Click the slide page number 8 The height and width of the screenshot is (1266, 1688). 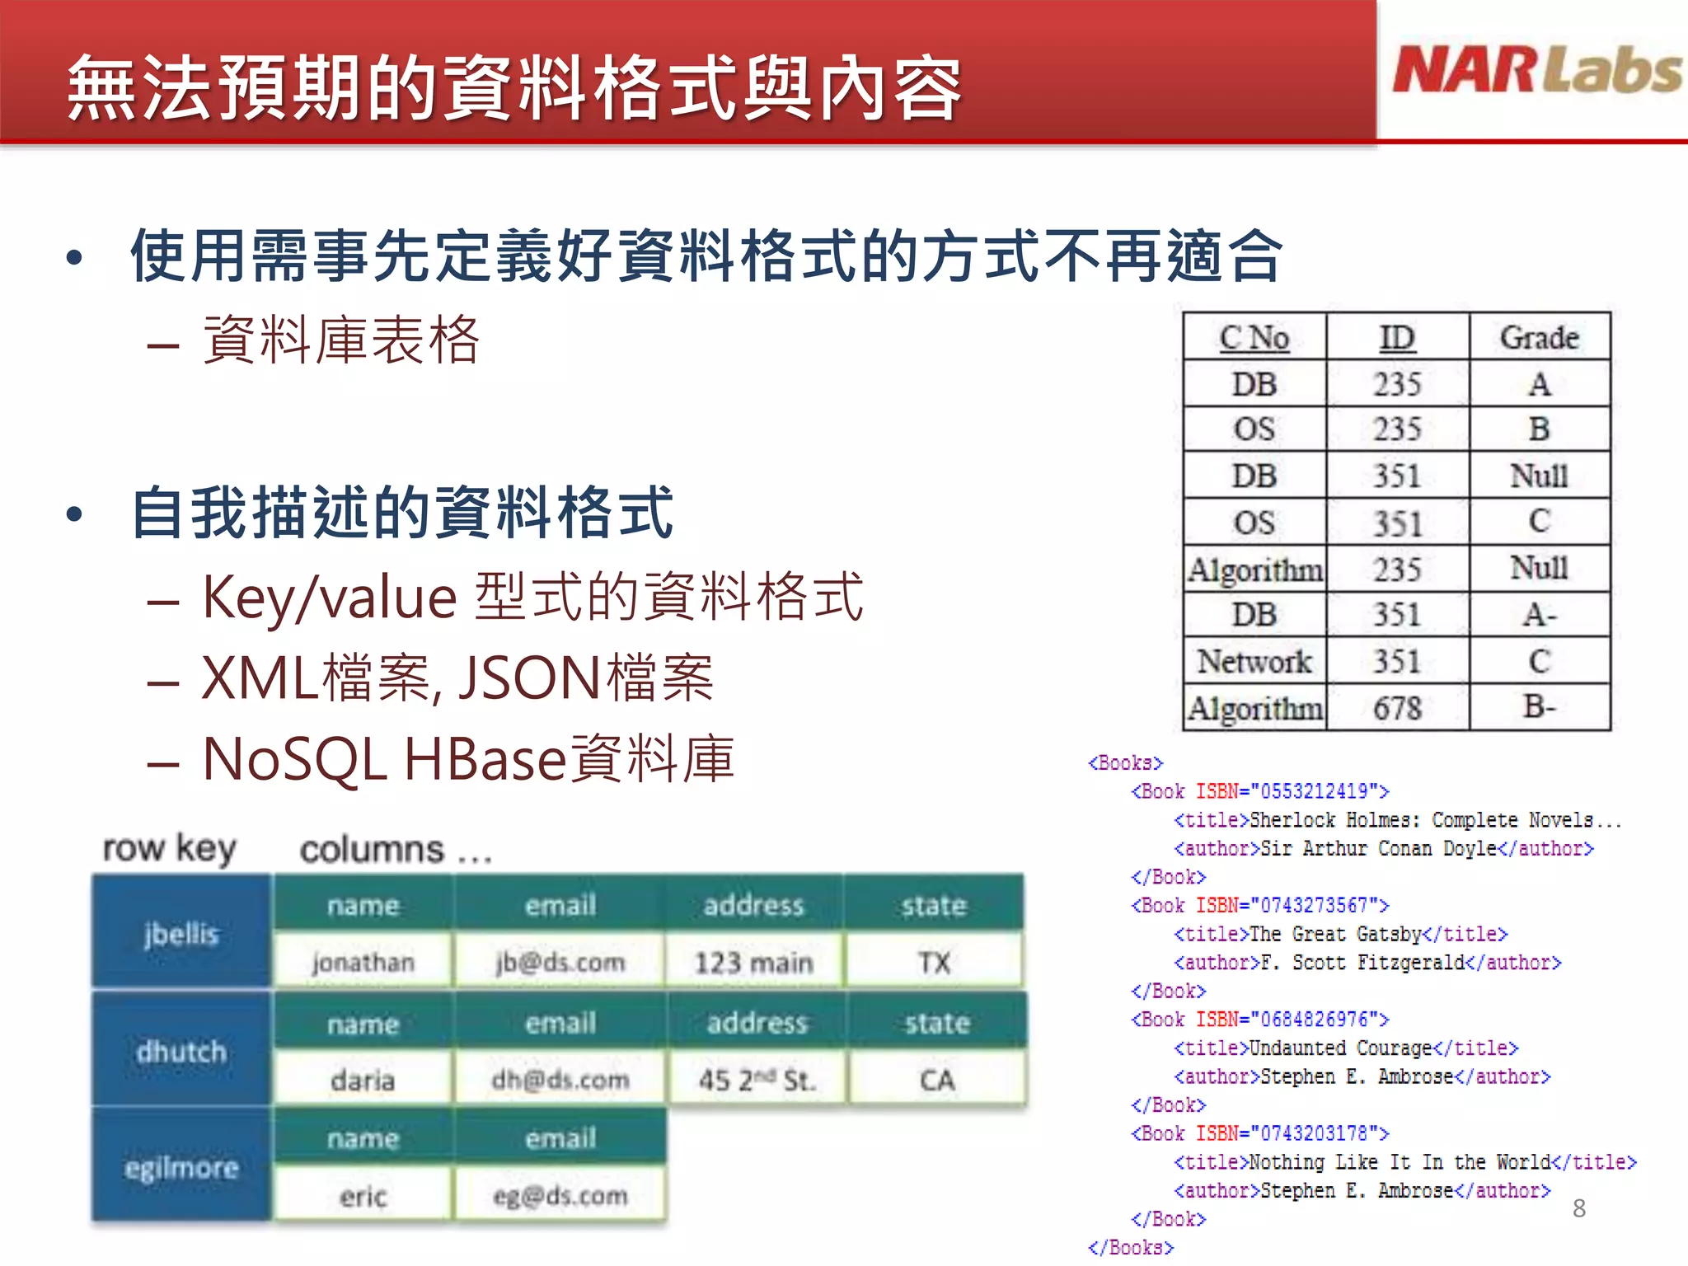1578,1208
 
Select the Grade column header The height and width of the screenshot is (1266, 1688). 1539,337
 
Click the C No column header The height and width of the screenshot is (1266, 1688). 1254,337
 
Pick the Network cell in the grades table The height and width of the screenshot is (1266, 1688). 1254,661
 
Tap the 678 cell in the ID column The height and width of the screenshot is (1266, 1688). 1397,708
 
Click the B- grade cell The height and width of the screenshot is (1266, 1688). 1539,706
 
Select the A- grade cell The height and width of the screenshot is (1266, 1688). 1539,615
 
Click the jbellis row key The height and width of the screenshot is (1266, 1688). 181,934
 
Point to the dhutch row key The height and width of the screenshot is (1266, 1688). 181,1052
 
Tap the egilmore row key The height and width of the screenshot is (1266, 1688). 181,1167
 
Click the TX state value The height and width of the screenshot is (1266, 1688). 934,962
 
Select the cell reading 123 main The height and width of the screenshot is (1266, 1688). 753,962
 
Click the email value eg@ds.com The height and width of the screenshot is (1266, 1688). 560,1195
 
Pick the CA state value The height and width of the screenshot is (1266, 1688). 936,1080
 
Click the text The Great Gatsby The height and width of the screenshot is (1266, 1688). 1335,934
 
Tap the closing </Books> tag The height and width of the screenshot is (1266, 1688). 1130,1247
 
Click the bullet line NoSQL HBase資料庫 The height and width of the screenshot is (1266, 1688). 467,758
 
